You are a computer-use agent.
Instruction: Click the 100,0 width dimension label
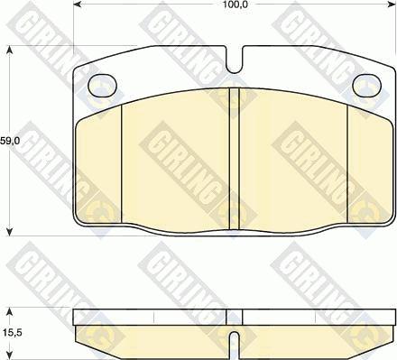coord(234,5)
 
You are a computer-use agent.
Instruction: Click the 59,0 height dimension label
coord(10,141)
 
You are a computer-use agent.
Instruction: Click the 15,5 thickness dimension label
coord(11,333)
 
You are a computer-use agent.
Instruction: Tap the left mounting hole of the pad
coord(102,86)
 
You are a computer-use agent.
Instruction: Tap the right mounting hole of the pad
coord(366,86)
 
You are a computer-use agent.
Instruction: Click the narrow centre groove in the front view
coord(234,159)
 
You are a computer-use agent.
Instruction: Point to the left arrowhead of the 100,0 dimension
coord(78,5)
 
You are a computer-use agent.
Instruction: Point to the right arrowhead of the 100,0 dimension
coord(392,5)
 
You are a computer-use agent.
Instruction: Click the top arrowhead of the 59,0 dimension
coord(10,50)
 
